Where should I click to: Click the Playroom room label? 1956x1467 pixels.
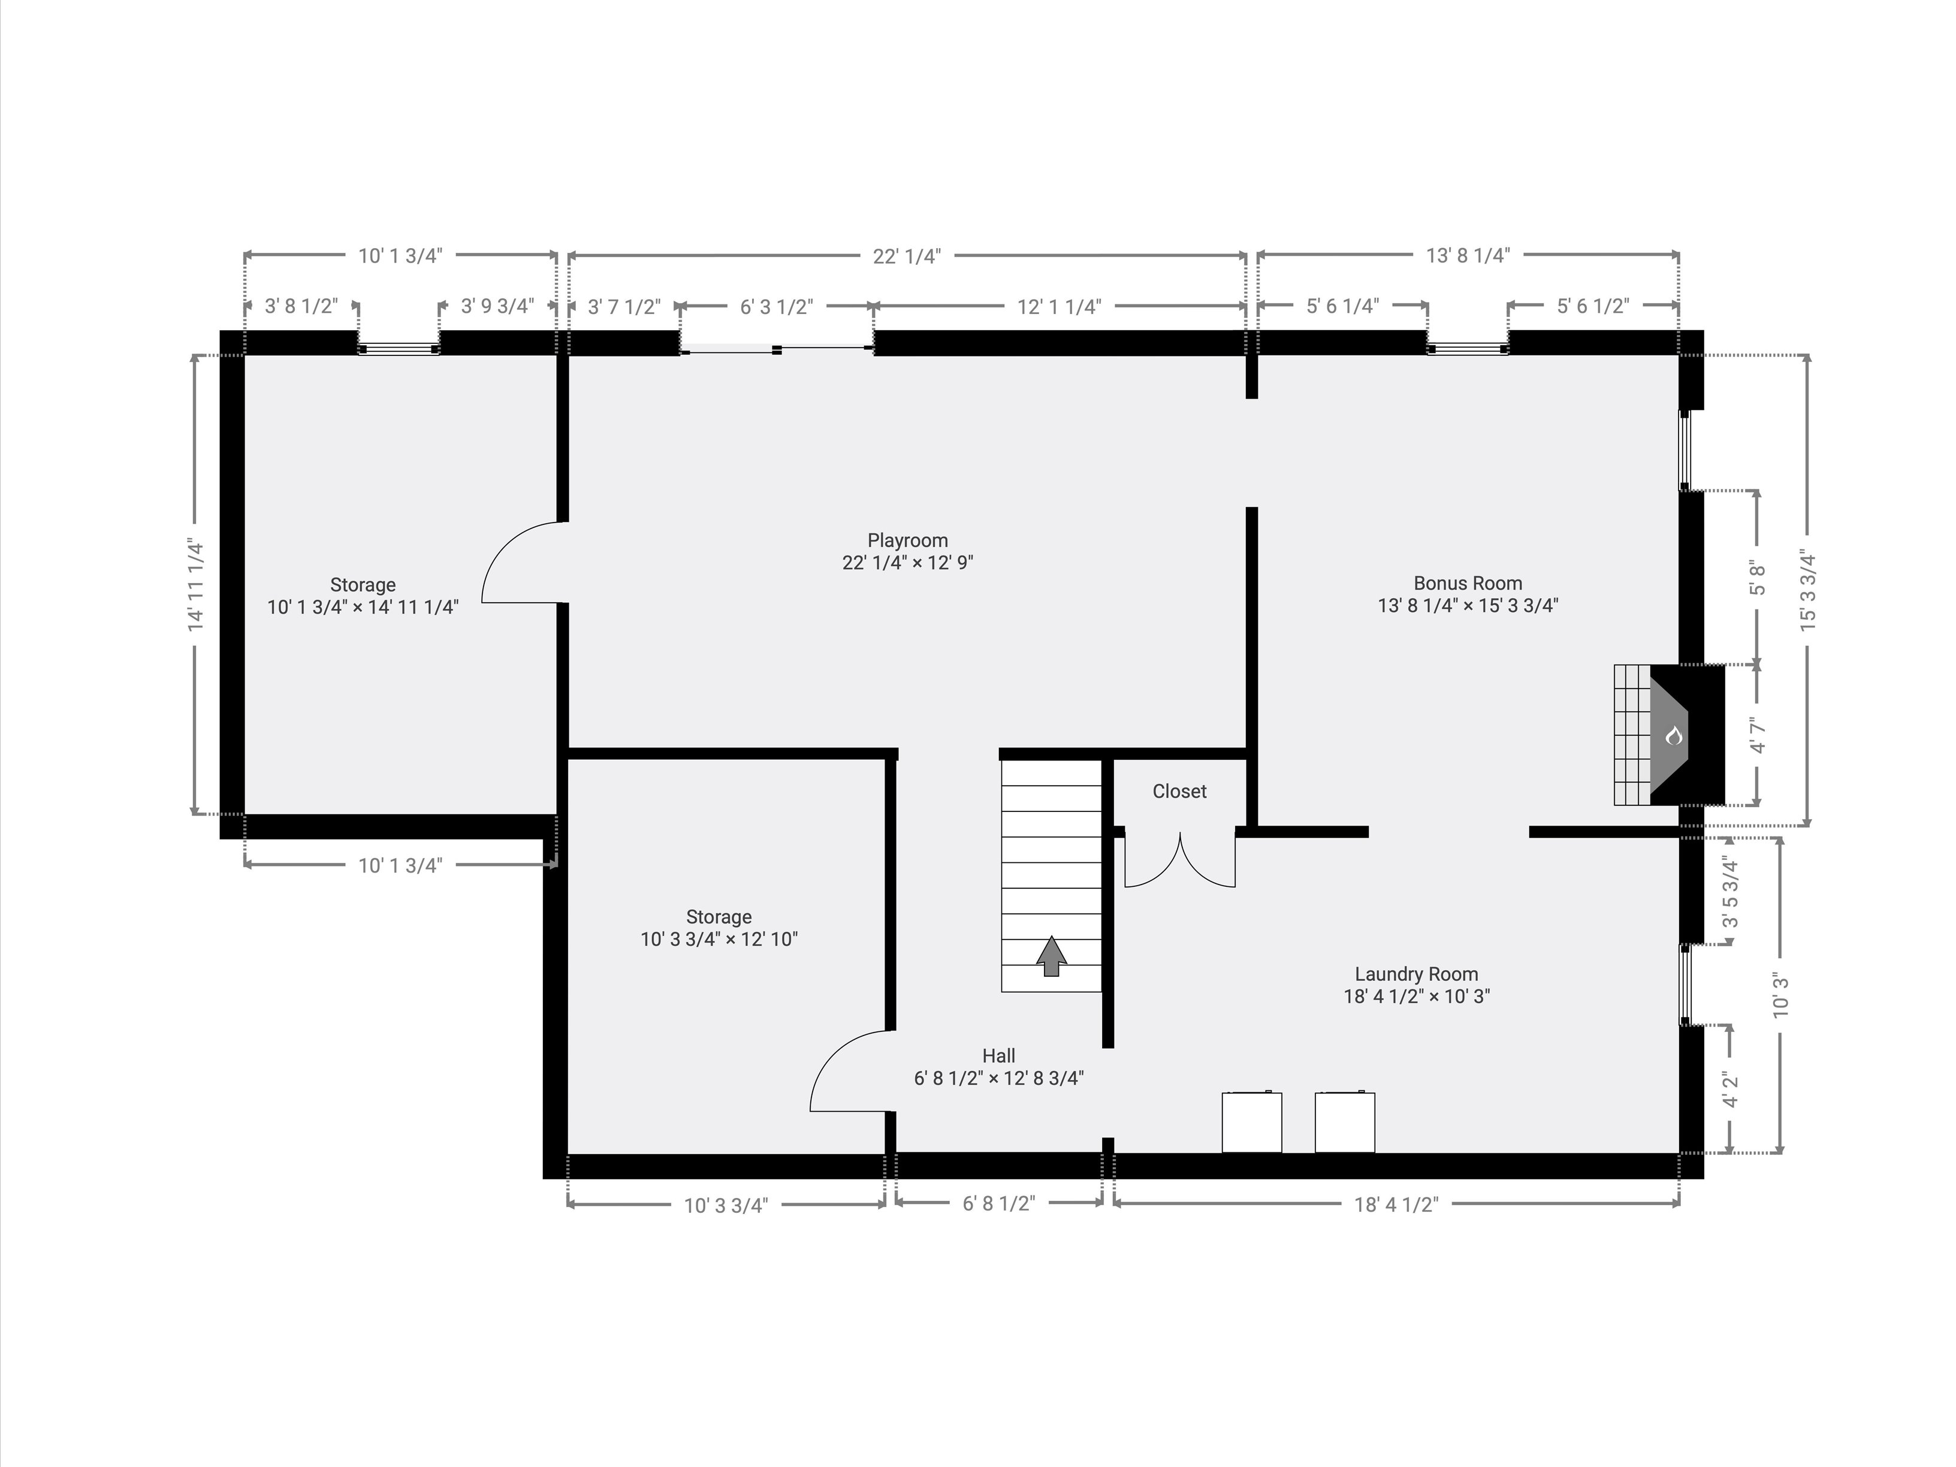[x=907, y=541]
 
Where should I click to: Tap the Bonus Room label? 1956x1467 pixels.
[x=1468, y=584]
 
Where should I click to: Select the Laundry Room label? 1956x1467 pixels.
[x=1417, y=974]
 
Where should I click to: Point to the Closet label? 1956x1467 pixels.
[x=1179, y=792]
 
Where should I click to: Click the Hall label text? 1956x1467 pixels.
[x=998, y=1056]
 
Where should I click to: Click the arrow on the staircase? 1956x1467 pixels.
[x=1051, y=956]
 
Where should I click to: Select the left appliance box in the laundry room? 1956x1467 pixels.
[x=1251, y=1122]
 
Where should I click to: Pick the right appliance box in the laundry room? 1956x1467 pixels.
[x=1345, y=1122]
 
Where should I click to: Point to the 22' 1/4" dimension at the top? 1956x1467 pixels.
[x=907, y=256]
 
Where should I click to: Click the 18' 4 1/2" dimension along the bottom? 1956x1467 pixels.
[x=1396, y=1205]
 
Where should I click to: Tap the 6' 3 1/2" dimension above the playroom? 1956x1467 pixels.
[x=777, y=307]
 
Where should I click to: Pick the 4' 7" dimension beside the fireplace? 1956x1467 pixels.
[x=1757, y=736]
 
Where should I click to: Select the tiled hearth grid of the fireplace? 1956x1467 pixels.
[x=1632, y=735]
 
